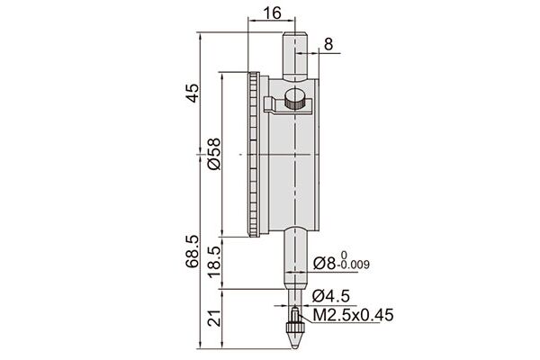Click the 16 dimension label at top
pyautogui.click(x=272, y=13)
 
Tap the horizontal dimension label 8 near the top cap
pyautogui.click(x=328, y=44)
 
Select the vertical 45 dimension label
pyautogui.click(x=193, y=93)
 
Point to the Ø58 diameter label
pyautogui.click(x=214, y=154)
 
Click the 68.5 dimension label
pyautogui.click(x=193, y=252)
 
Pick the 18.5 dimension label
pyautogui.click(x=214, y=263)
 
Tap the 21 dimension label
pyautogui.click(x=214, y=318)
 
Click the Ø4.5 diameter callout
pyautogui.click(x=331, y=295)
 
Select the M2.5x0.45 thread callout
pyautogui.click(x=353, y=315)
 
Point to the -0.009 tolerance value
pyautogui.click(x=354, y=265)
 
